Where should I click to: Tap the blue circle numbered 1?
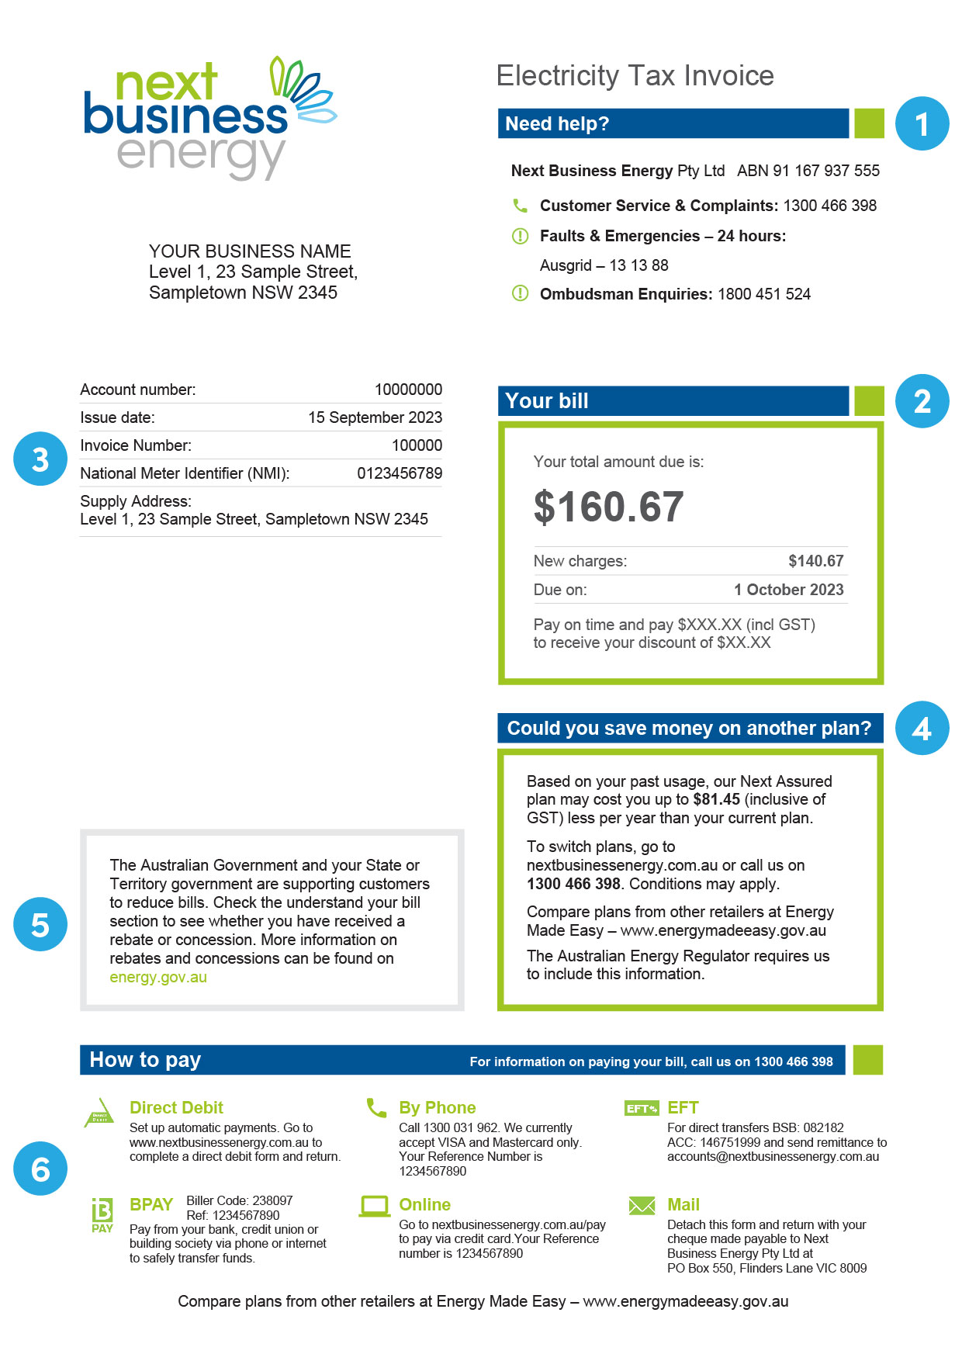(x=922, y=124)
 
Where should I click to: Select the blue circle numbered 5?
(x=40, y=924)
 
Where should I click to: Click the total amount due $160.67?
(x=608, y=507)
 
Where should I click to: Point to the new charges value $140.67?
(x=815, y=561)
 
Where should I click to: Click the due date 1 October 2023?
(x=788, y=590)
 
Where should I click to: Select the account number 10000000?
(x=408, y=390)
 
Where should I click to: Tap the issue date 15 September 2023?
(x=375, y=417)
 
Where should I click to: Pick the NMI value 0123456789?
(x=399, y=473)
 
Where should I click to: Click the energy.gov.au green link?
(x=158, y=977)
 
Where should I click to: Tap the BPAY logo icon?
(x=102, y=1214)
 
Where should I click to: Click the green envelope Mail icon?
(x=642, y=1205)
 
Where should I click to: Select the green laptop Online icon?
(x=375, y=1206)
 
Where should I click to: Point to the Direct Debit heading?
(x=176, y=1107)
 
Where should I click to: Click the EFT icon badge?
(x=641, y=1108)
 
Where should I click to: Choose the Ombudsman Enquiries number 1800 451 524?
(x=763, y=294)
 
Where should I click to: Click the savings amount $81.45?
(x=716, y=799)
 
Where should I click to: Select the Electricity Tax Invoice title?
(x=635, y=75)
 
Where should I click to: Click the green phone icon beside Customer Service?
(x=520, y=206)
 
